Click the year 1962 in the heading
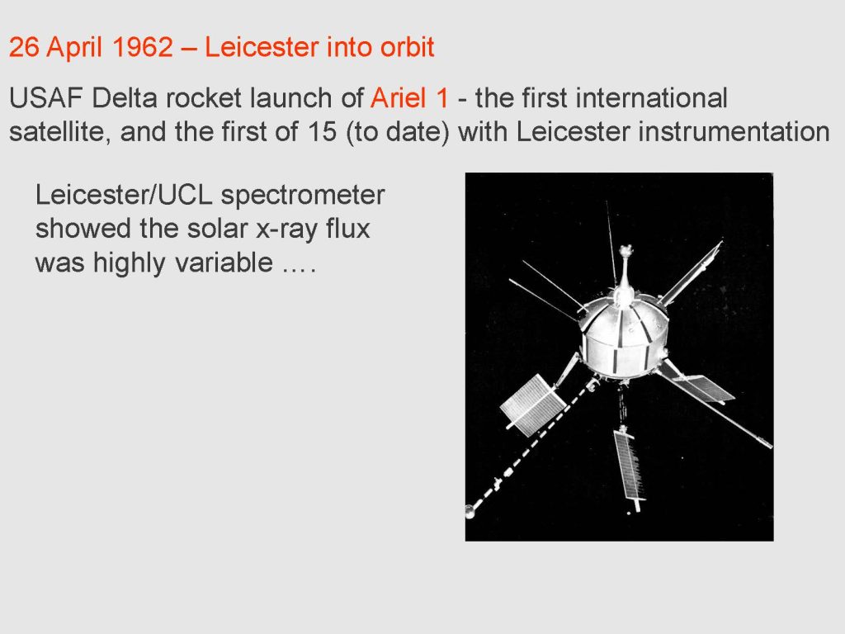tap(142, 47)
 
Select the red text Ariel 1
tap(409, 98)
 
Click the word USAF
tap(46, 98)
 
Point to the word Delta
tap(125, 98)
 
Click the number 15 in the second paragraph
tap(323, 132)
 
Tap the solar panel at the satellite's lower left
tap(532, 405)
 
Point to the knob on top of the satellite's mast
tap(625, 251)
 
